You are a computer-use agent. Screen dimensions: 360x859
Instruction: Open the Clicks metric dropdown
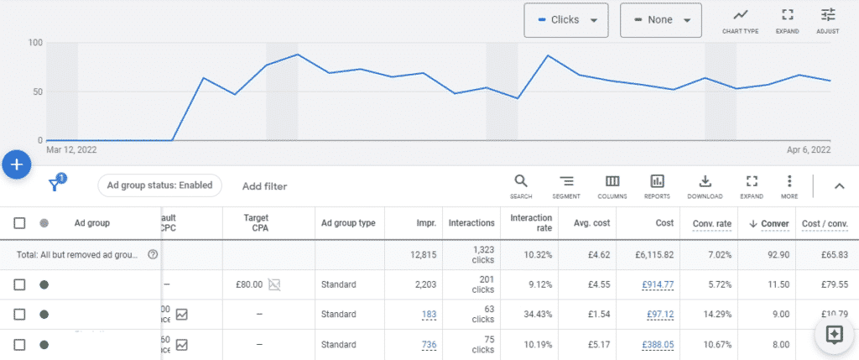click(x=565, y=20)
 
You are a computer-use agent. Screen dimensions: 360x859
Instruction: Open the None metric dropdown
click(x=660, y=20)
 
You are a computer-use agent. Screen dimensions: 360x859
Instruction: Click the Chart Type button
click(x=740, y=20)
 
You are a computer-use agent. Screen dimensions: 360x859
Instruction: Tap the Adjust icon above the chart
click(x=828, y=20)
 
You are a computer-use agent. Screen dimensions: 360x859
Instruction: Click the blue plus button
click(x=17, y=164)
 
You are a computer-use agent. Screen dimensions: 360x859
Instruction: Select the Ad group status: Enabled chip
click(x=159, y=185)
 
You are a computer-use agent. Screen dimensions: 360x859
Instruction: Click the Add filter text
click(x=264, y=186)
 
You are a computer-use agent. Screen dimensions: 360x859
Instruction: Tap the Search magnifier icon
click(x=521, y=185)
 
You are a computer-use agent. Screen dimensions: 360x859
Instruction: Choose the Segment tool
click(x=566, y=185)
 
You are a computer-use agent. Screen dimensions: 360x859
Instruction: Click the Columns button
click(x=612, y=185)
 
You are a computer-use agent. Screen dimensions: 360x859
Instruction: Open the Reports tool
click(x=657, y=185)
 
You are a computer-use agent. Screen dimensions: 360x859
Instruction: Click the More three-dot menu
click(x=789, y=185)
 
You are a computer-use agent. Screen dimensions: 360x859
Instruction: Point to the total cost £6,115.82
click(x=654, y=254)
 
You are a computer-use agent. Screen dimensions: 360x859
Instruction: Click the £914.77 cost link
click(x=658, y=284)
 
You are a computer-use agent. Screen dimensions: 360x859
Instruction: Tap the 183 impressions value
click(x=429, y=314)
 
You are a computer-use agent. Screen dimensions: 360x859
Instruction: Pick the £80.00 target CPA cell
click(x=251, y=284)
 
